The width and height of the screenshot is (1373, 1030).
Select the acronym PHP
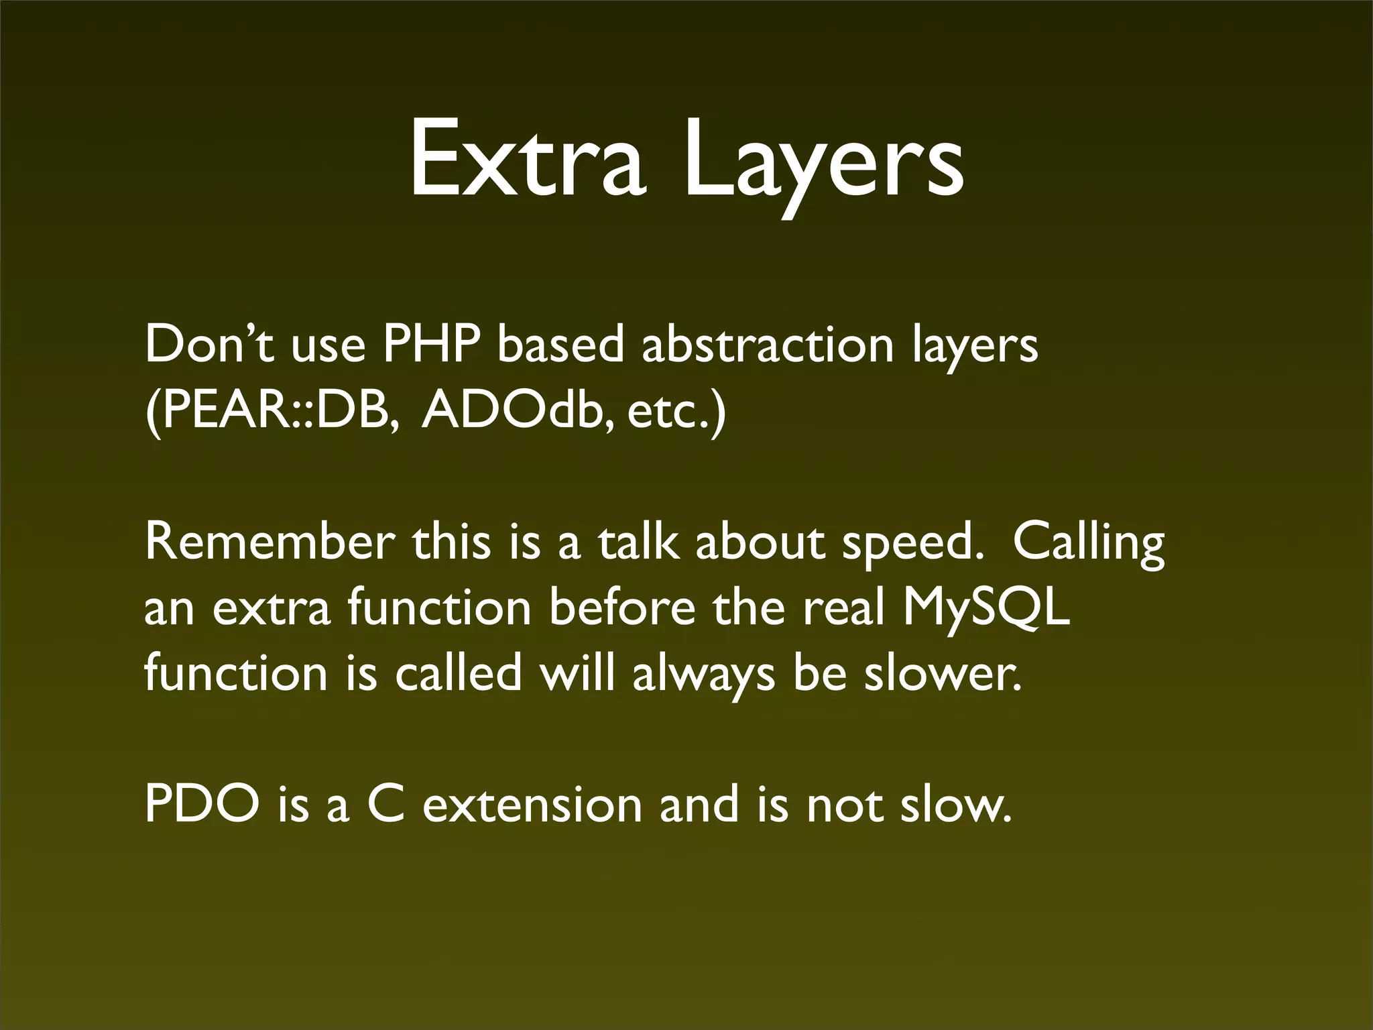tap(432, 344)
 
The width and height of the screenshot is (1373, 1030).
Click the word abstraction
tap(768, 344)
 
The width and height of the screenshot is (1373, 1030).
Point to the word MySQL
tap(986, 609)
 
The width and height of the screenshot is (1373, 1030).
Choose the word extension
tap(532, 805)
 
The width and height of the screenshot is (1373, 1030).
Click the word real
tap(844, 608)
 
